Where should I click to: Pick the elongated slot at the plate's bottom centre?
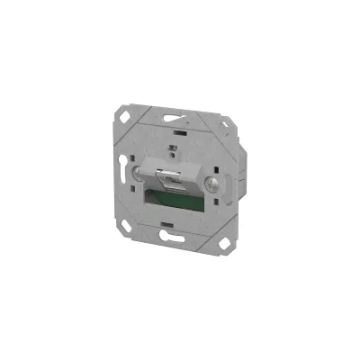[173, 238]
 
